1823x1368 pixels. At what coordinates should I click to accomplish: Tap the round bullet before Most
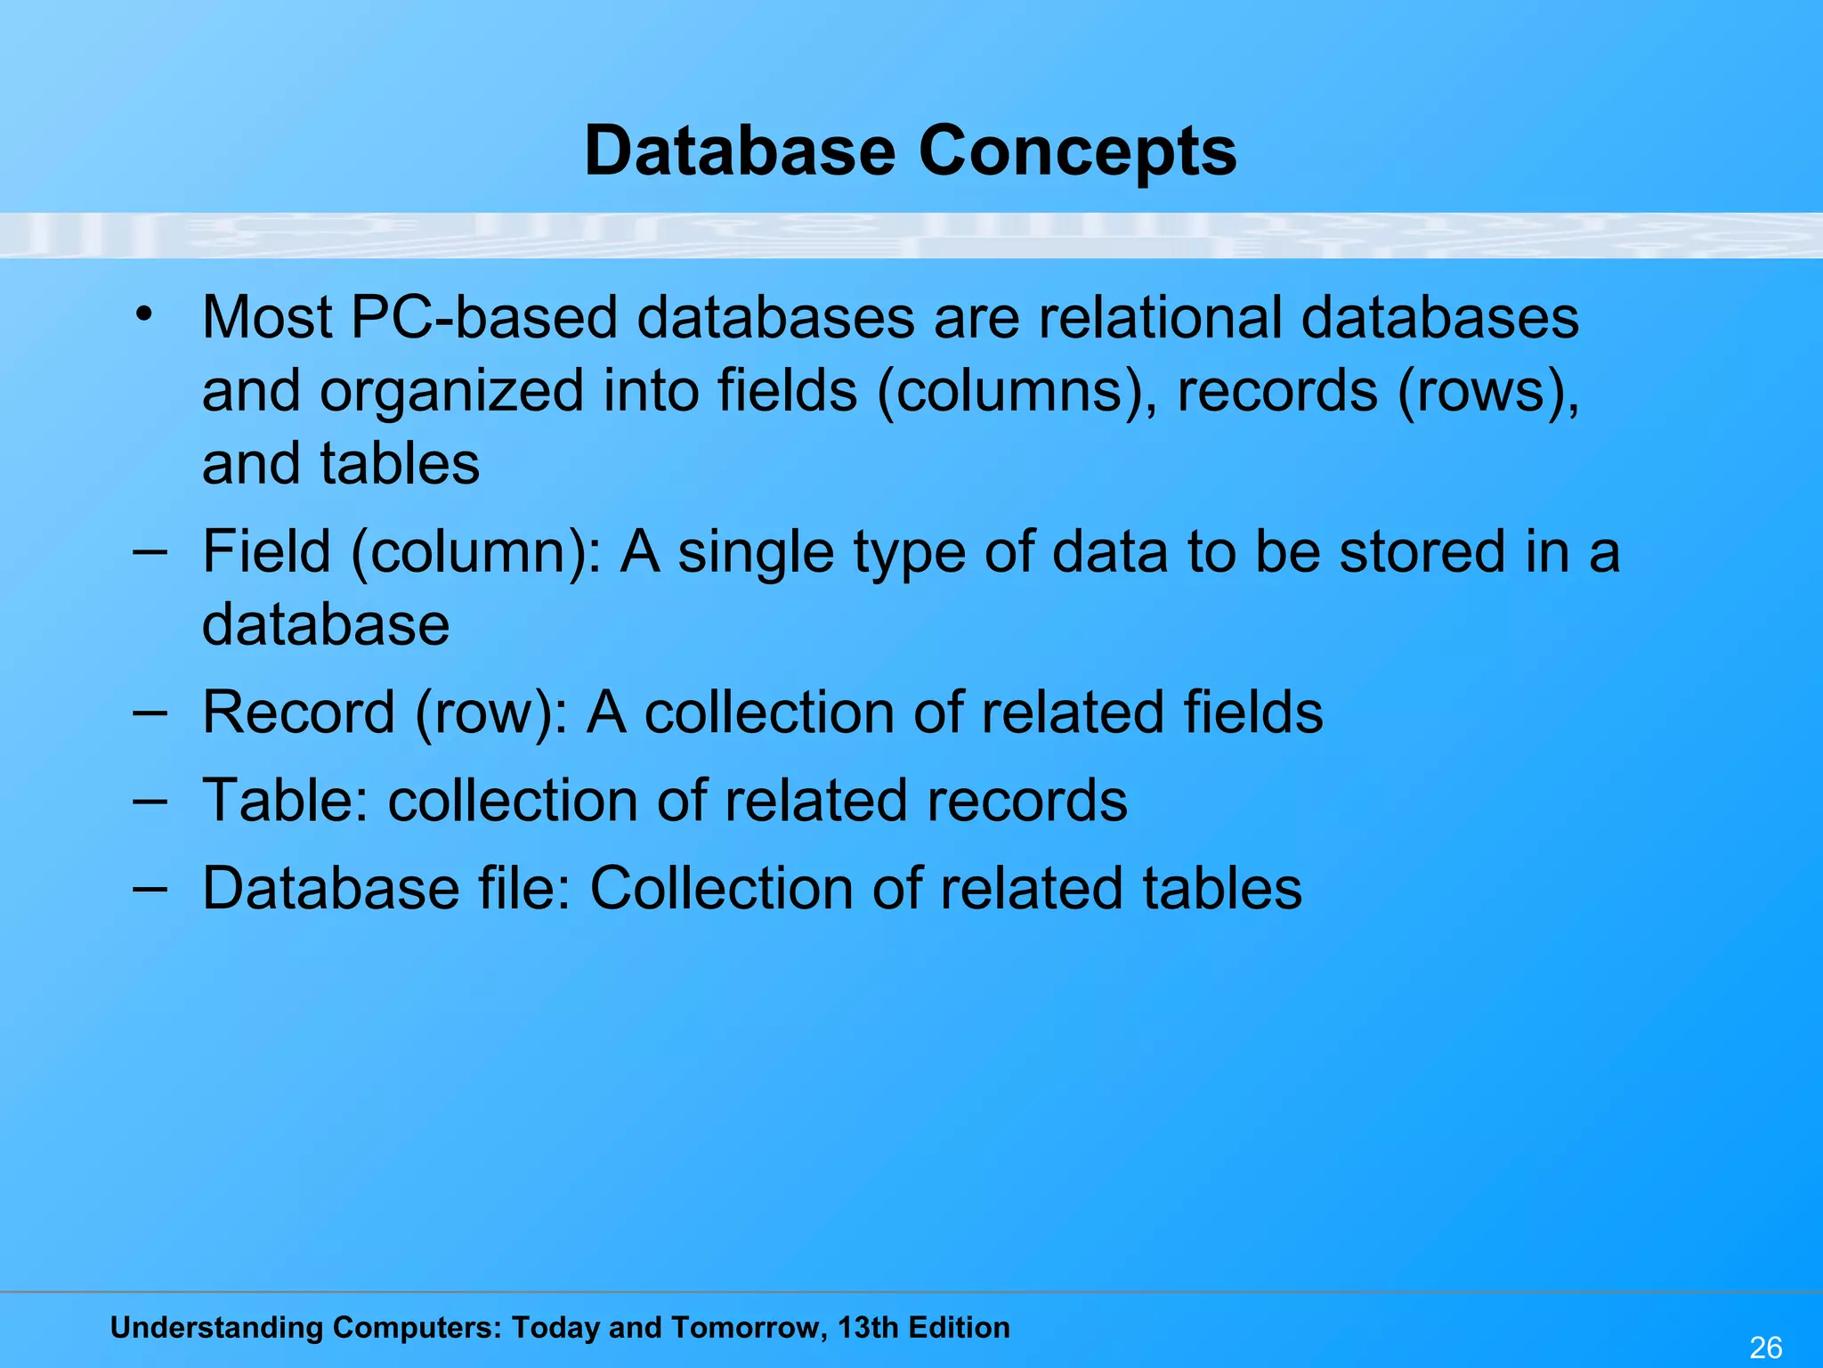click(145, 313)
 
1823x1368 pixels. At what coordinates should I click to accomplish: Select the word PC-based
click(484, 317)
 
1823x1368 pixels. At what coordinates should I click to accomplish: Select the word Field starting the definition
click(267, 551)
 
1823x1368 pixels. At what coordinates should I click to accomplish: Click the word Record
click(298, 712)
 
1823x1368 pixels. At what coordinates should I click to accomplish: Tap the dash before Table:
click(150, 800)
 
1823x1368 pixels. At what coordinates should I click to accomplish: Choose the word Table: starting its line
click(285, 800)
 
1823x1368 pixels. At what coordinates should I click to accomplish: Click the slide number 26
click(1766, 1348)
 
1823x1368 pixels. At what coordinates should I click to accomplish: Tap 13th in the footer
click(867, 1328)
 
